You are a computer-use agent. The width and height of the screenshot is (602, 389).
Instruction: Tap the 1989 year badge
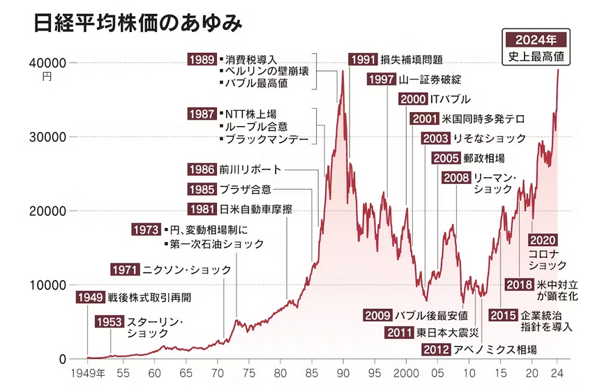(202, 59)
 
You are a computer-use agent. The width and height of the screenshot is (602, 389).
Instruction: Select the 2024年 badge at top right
(536, 39)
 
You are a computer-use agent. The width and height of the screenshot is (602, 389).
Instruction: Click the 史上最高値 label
(536, 58)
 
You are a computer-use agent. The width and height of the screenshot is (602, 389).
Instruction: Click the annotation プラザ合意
(245, 189)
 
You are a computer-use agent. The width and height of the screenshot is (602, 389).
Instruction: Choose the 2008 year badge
(456, 178)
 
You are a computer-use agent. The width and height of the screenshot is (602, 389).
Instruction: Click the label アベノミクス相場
(495, 349)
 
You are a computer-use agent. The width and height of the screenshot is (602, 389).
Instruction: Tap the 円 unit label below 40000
(47, 76)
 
